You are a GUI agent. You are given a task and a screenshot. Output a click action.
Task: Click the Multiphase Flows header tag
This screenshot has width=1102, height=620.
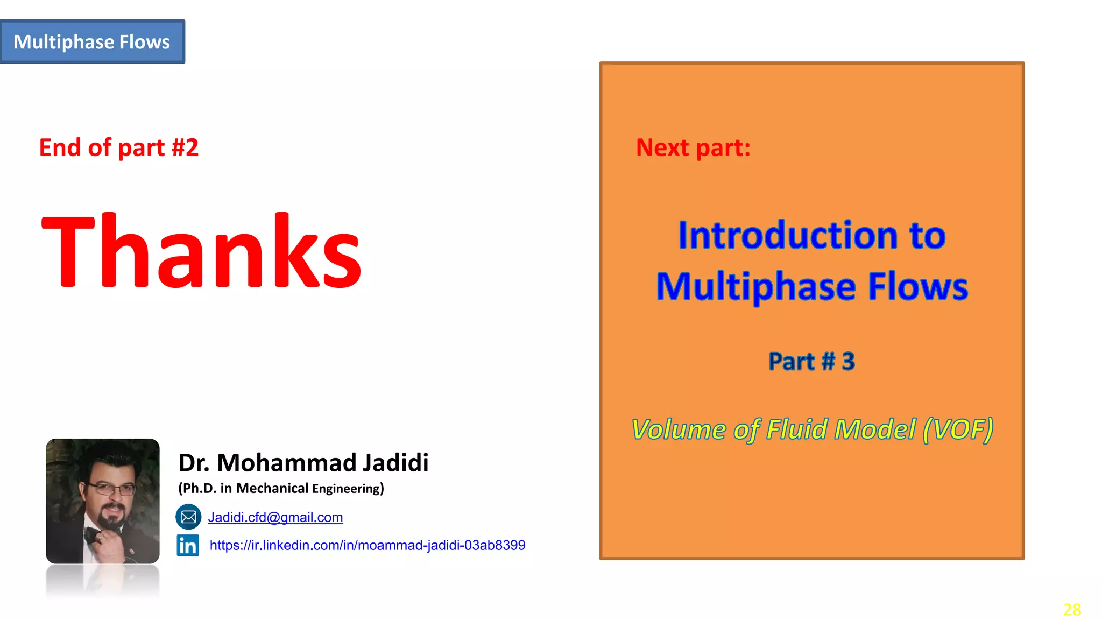point(92,42)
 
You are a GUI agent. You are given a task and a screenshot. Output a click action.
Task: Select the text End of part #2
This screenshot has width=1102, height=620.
point(119,147)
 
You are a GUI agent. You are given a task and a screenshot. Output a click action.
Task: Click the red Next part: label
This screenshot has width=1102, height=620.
point(693,147)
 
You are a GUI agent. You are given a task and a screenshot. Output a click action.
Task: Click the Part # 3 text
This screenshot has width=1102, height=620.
point(811,361)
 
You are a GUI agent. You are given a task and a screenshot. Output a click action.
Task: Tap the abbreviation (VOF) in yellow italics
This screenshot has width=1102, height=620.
point(958,429)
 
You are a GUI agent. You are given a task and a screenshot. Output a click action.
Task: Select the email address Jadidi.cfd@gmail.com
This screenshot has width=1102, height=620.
point(275,517)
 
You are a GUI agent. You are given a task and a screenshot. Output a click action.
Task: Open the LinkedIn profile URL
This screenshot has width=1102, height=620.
point(368,545)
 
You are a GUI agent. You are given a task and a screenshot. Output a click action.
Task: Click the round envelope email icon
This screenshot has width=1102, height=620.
point(188,517)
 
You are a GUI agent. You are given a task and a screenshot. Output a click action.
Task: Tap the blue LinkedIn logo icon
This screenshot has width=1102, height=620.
point(188,545)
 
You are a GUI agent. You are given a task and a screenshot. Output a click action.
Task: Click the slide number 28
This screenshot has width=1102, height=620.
point(1072,610)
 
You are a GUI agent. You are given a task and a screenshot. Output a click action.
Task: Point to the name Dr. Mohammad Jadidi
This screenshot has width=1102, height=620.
point(303,463)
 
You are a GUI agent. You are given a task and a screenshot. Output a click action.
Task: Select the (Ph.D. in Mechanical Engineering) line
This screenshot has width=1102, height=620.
point(281,488)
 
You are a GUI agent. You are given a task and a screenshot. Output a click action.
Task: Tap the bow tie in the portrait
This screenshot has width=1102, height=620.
point(95,534)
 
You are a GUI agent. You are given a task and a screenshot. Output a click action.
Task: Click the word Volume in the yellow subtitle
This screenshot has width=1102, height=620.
point(679,429)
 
